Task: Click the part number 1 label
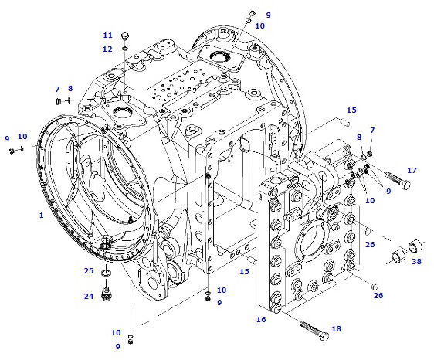coord(42,216)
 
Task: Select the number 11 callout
coord(108,36)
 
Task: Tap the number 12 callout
coord(108,49)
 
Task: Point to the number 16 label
coord(260,318)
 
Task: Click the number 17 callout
coord(412,171)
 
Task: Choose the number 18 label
coord(336,329)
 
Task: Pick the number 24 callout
coord(90,295)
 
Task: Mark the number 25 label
coord(90,271)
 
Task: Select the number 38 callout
coord(417,261)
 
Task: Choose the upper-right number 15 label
coord(351,110)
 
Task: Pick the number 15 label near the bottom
coord(244,271)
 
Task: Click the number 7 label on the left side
coord(57,89)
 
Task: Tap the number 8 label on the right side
coord(358,137)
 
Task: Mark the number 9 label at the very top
coord(269,15)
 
